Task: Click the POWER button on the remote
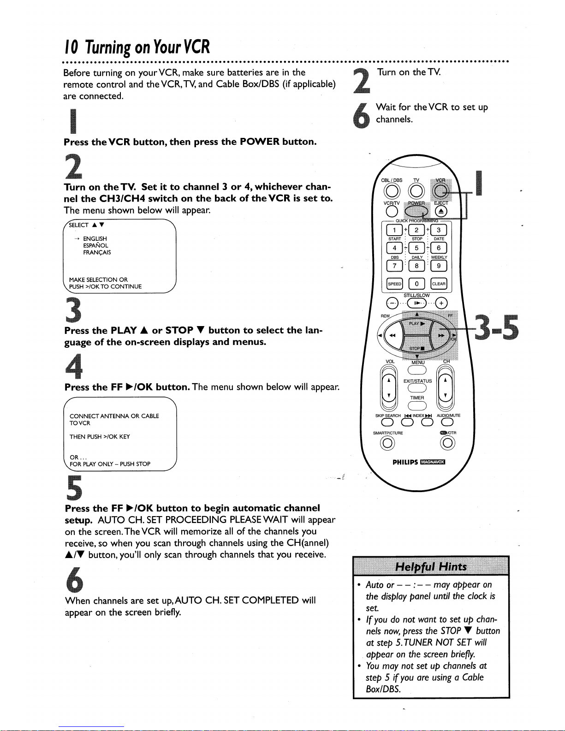(416, 211)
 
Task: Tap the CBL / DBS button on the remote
(392, 191)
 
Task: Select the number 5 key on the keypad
(416, 248)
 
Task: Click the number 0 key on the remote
(416, 284)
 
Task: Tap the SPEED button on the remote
(394, 284)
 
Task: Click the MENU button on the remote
(417, 370)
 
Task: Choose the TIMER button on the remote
(417, 406)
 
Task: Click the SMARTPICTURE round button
(387, 443)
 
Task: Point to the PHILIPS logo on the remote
(405, 462)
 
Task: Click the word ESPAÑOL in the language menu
(95, 245)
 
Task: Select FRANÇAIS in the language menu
(97, 252)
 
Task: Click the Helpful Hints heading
(431, 567)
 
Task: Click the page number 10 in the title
(71, 47)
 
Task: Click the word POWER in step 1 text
(259, 142)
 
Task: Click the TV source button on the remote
(416, 191)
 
